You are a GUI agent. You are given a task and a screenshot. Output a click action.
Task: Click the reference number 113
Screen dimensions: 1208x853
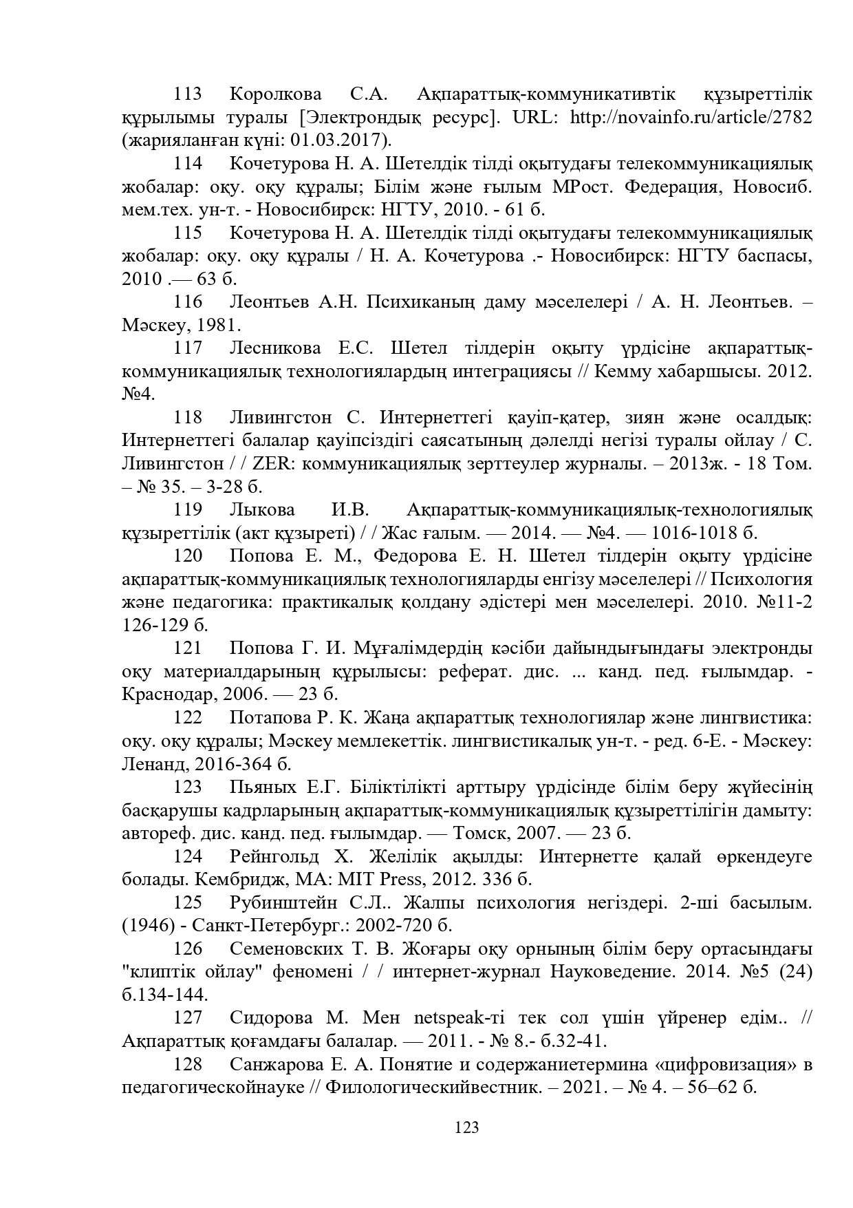(x=187, y=94)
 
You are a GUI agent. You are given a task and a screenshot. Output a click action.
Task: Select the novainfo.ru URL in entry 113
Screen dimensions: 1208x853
(x=691, y=117)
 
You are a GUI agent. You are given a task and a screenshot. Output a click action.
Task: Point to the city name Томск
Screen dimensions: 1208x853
(x=477, y=834)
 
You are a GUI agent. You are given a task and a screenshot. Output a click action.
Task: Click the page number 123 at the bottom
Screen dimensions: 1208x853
(x=466, y=1128)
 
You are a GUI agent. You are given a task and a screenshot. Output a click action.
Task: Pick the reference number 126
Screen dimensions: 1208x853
(x=187, y=949)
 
